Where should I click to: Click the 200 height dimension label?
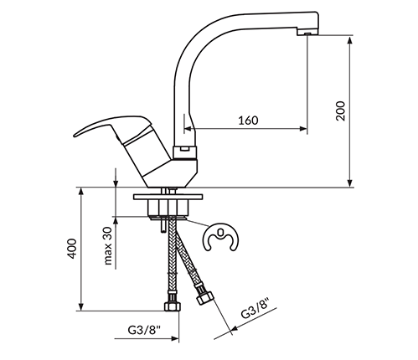click(341, 111)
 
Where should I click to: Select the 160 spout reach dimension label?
click(248, 121)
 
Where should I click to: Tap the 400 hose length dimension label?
click(72, 249)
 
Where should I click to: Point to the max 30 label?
click(107, 245)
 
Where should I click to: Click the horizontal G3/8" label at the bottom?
click(145, 330)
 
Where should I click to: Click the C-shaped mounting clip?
click(220, 237)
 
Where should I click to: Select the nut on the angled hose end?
click(205, 298)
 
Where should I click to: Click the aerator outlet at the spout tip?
click(307, 33)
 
